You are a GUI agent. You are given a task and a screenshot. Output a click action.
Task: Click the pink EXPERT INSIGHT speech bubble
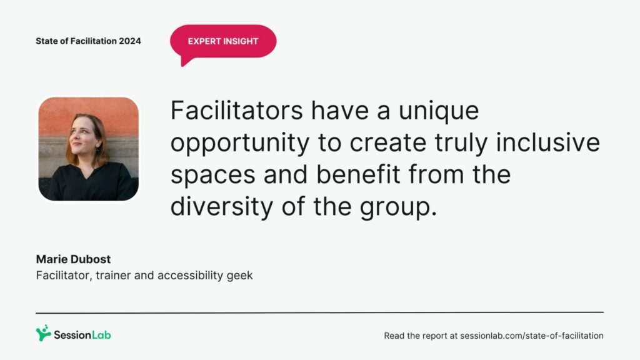[223, 41]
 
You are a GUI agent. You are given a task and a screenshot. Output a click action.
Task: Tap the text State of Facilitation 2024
[88, 41]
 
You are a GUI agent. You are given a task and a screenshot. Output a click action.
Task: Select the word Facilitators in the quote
[237, 110]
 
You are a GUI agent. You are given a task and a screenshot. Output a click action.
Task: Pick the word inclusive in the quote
[547, 142]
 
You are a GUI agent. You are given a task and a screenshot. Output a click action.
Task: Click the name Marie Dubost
[74, 259]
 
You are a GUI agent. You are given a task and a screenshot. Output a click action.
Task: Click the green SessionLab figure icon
[43, 332]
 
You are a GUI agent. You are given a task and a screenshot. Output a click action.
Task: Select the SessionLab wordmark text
[82, 335]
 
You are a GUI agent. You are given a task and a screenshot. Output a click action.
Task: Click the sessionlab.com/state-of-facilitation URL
[532, 336]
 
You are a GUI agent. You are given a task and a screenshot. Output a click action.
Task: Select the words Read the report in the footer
[415, 336]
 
